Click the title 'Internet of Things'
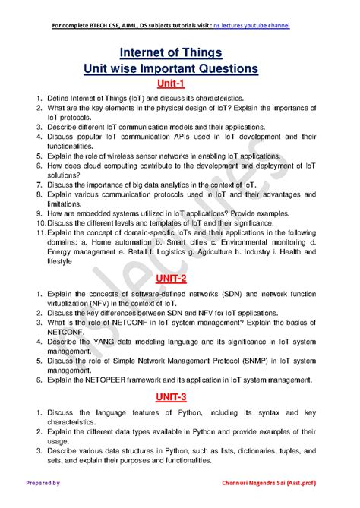[x=181, y=53]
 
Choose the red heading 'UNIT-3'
[x=177, y=397]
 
